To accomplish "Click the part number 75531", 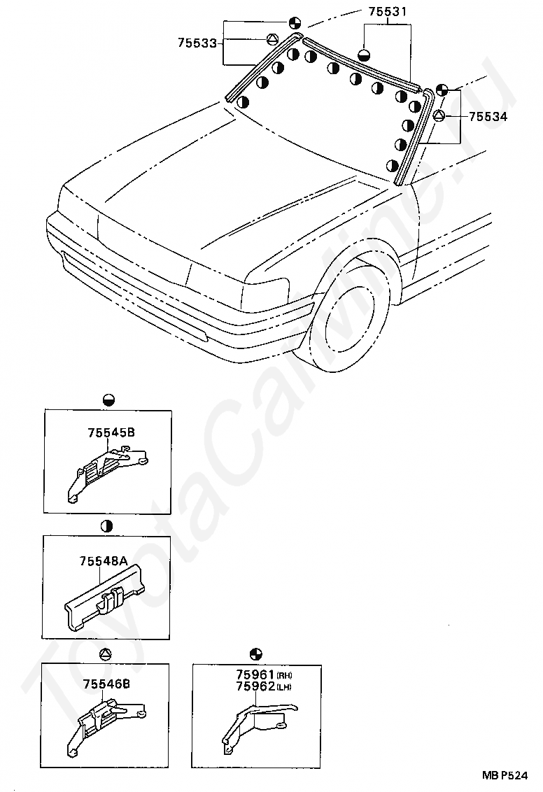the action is click(x=387, y=12).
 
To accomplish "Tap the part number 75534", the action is click(x=488, y=116).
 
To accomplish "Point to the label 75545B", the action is click(x=111, y=432).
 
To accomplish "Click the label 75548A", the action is click(x=103, y=561).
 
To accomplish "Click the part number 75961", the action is click(x=255, y=676).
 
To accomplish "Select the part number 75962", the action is click(x=255, y=687).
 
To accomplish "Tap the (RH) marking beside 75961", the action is click(x=284, y=676).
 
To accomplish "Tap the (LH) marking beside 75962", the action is click(x=284, y=687).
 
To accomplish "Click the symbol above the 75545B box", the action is click(x=108, y=400).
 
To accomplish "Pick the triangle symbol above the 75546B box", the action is click(x=105, y=655).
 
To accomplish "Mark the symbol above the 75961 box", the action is click(x=257, y=653).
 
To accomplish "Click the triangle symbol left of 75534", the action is click(x=439, y=115).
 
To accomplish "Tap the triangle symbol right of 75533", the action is click(x=273, y=39).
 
